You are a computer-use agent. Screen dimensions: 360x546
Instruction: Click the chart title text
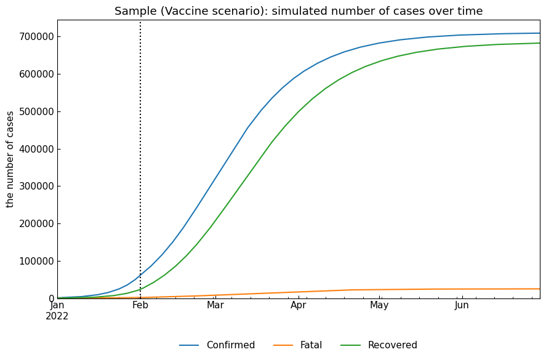tap(299, 11)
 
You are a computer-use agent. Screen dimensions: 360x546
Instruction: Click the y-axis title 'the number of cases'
tap(10, 159)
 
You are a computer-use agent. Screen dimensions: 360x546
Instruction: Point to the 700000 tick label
tap(36, 37)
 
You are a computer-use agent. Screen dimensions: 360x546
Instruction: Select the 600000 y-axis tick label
tap(36, 74)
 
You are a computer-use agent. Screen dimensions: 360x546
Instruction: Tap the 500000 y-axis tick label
tap(36, 112)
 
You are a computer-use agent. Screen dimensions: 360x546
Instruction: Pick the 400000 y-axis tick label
tap(36, 150)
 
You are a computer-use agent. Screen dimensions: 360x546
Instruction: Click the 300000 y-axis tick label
tap(36, 186)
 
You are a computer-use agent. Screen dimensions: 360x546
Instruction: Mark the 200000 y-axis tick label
tap(36, 224)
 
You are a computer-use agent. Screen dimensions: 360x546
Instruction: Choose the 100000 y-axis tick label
tap(36, 262)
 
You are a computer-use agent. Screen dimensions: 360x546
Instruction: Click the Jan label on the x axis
tap(57, 305)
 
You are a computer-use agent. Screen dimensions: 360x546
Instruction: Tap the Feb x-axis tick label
tap(140, 305)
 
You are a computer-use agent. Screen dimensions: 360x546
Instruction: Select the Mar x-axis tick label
tap(215, 305)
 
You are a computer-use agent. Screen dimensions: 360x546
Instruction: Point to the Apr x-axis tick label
tap(299, 305)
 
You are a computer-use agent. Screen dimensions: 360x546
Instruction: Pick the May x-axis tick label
tap(379, 305)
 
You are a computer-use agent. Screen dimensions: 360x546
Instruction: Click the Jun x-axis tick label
tap(462, 305)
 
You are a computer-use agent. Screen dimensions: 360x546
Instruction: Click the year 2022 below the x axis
tap(57, 316)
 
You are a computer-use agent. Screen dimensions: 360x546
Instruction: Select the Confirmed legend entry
tap(230, 345)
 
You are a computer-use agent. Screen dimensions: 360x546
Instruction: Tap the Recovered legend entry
tap(392, 345)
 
